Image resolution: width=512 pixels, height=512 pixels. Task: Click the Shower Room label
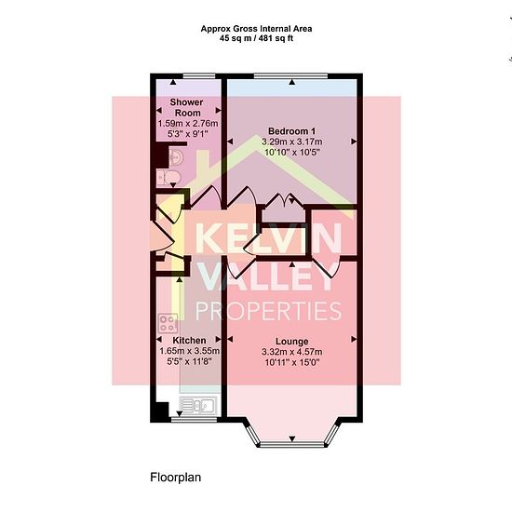pos(187,107)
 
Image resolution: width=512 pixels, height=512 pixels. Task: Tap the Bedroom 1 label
pos(291,131)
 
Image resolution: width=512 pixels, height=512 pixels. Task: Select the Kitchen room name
pos(189,340)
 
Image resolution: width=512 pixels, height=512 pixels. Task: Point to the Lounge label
pos(292,342)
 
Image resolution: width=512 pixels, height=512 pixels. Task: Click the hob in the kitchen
pos(168,323)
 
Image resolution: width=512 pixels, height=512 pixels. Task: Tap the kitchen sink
pos(198,406)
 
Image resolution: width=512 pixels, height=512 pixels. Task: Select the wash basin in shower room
pos(176,157)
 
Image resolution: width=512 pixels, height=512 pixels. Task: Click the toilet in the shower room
pos(168,178)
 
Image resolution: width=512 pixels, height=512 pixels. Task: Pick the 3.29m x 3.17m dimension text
pos(291,141)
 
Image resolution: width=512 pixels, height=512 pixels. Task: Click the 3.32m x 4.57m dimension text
pos(292,352)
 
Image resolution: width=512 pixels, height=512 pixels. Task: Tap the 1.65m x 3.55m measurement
pos(189,351)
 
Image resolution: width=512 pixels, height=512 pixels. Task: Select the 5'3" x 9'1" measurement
pos(187,133)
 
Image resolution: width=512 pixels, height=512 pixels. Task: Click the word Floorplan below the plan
pos(176,478)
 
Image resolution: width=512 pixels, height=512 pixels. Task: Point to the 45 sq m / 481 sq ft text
pos(256,38)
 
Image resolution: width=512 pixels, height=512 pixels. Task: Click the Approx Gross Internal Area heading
pos(256,29)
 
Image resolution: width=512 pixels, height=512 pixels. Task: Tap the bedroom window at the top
pos(290,76)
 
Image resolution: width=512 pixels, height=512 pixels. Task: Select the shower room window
pos(199,76)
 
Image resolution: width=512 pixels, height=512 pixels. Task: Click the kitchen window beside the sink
pos(194,420)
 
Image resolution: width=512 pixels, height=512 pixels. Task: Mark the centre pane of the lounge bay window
pos(292,444)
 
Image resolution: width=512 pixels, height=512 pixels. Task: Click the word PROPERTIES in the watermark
pos(268,311)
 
